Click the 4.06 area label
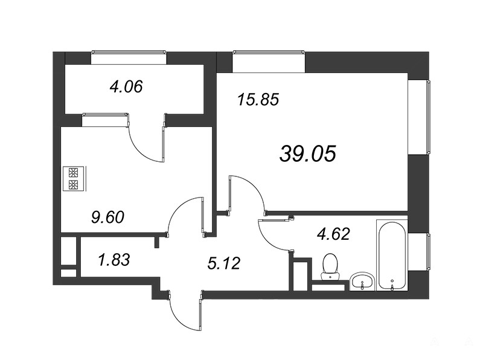(126, 86)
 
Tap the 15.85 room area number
(258, 100)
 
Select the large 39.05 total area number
(308, 153)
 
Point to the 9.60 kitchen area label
(108, 217)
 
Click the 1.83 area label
(114, 260)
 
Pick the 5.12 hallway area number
(223, 263)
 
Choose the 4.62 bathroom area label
(334, 234)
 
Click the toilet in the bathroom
(330, 267)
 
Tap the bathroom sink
(363, 281)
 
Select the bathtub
(392, 255)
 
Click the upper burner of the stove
(74, 172)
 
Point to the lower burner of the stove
(74, 185)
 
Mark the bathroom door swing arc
(266, 242)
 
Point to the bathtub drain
(392, 281)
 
